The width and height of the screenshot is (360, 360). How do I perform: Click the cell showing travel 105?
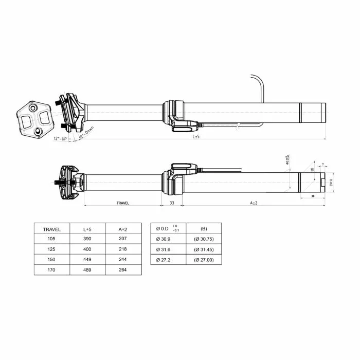point(51,239)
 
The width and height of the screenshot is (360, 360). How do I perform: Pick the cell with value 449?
point(87,260)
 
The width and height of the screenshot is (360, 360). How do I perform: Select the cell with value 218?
point(122,249)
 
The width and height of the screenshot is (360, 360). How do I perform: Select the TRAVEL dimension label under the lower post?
point(123,203)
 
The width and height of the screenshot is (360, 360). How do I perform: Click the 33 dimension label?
point(172,203)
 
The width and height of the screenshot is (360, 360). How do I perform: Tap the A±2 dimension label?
point(253,203)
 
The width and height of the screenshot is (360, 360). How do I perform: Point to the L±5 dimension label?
point(196,137)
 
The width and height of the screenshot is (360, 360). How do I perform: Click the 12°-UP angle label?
point(61,138)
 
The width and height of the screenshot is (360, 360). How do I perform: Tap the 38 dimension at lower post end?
point(312,196)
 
